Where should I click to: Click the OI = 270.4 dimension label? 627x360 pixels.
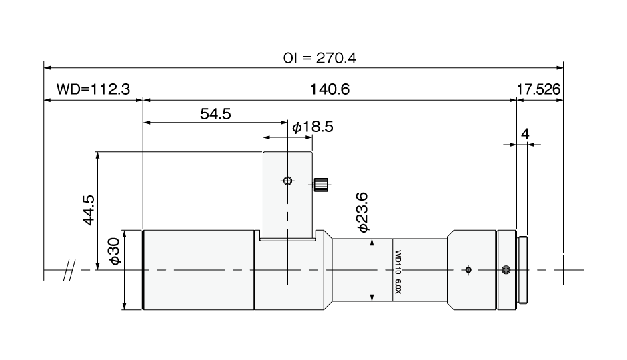tap(320, 59)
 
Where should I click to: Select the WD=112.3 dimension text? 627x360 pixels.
tap(93, 89)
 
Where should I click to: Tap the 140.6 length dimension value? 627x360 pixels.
tap(330, 89)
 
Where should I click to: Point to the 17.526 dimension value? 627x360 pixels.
tap(539, 89)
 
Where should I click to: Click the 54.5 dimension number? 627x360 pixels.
tap(215, 114)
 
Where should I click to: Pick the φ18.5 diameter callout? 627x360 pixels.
tap(313, 127)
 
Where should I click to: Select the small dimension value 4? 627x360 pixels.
tap(525, 133)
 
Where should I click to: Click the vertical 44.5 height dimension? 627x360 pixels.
tap(88, 210)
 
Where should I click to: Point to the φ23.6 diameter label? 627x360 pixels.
tap(362, 212)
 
